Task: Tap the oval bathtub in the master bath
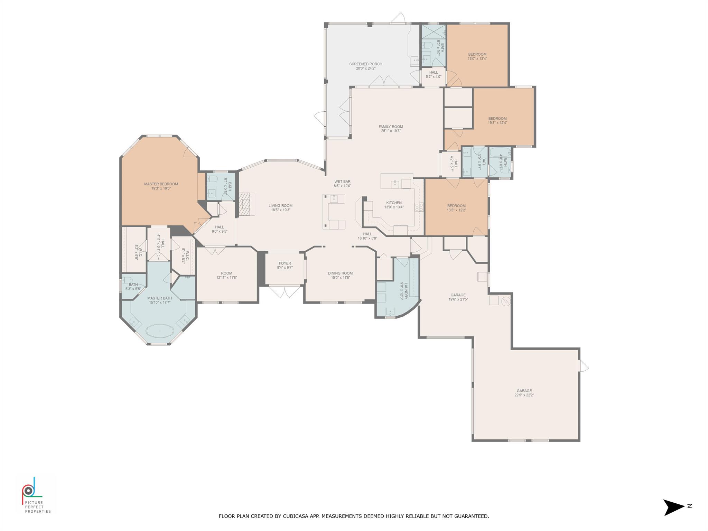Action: [x=160, y=331]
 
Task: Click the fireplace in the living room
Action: [x=246, y=204]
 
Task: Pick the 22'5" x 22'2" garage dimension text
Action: [x=524, y=395]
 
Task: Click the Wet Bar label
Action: [x=342, y=181]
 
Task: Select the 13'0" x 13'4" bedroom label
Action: [x=477, y=56]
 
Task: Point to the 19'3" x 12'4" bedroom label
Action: [x=497, y=121]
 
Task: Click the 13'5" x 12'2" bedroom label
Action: [x=456, y=208]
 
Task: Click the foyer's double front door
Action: [x=285, y=291]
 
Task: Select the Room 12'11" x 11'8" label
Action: [x=226, y=275]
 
